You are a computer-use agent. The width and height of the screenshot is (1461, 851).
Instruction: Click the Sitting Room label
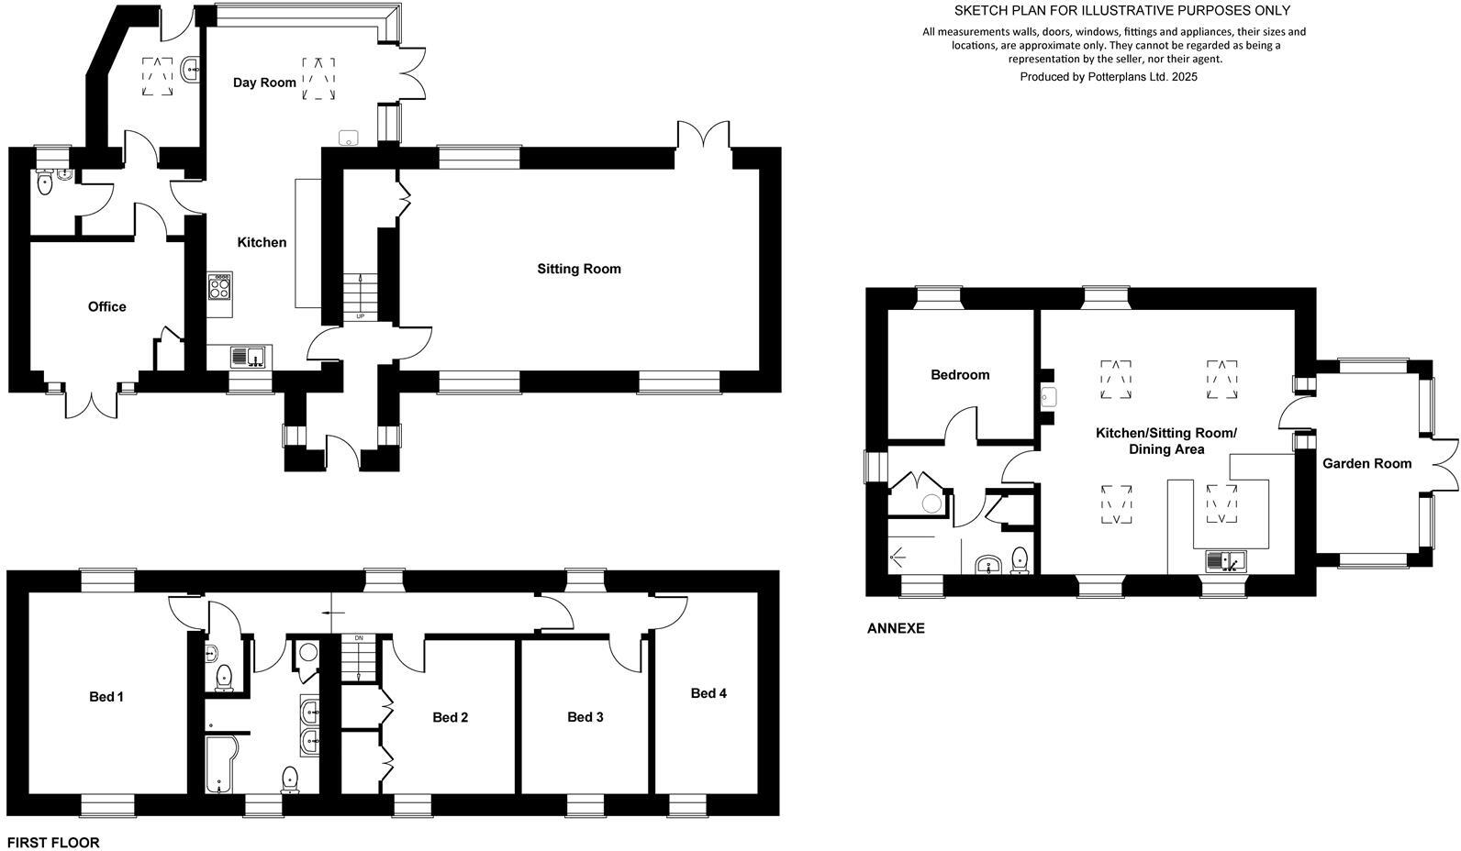[x=578, y=269]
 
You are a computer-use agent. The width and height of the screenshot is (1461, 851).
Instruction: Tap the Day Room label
[x=264, y=83]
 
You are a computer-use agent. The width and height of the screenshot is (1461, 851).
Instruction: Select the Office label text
[x=106, y=306]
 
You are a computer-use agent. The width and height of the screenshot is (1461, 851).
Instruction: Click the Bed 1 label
[x=106, y=697]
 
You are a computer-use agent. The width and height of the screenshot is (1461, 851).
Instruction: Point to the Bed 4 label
[x=708, y=693]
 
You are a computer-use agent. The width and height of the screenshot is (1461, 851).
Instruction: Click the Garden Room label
[x=1366, y=464]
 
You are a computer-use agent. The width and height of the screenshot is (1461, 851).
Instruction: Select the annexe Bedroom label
[x=960, y=374]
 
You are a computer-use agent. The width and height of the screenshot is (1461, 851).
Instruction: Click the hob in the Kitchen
[x=220, y=286]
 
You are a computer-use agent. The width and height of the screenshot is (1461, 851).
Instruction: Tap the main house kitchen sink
[x=248, y=356]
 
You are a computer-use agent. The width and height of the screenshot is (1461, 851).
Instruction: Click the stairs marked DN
[x=359, y=658]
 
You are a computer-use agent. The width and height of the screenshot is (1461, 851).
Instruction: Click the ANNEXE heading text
[x=896, y=628]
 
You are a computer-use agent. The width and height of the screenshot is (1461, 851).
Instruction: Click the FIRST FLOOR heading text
[x=53, y=842]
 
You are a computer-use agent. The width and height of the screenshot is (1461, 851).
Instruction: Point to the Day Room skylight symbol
[x=318, y=78]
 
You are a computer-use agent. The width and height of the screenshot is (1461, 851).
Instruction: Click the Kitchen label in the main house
[x=262, y=242]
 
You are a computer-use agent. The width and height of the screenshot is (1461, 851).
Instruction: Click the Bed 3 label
[x=585, y=717]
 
